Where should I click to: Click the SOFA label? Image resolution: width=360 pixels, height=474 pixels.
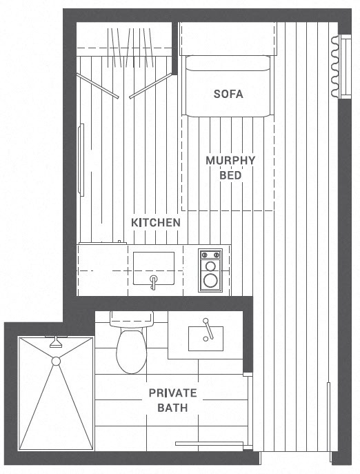pyautogui.click(x=228, y=94)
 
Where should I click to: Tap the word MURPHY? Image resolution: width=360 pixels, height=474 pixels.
pyautogui.click(x=230, y=160)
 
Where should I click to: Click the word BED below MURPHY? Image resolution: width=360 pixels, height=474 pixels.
pyautogui.click(x=230, y=175)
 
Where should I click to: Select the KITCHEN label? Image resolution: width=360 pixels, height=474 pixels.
pyautogui.click(x=156, y=223)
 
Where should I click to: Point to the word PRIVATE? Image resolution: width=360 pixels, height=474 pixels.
pyautogui.click(x=172, y=393)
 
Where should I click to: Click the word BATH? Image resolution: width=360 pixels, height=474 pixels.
pyautogui.click(x=172, y=408)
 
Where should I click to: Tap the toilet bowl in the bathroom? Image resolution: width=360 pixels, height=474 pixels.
pyautogui.click(x=132, y=351)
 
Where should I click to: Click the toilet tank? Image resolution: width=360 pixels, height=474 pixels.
pyautogui.click(x=132, y=319)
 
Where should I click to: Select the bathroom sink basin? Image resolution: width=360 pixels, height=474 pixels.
pyautogui.click(x=206, y=339)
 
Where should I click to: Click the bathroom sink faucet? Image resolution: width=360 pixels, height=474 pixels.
pyautogui.click(x=208, y=329)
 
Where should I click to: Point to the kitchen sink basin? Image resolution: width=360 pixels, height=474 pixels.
pyautogui.click(x=154, y=268)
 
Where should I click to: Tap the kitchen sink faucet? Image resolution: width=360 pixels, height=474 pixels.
pyautogui.click(x=154, y=282)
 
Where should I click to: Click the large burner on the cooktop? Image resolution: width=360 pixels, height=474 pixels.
pyautogui.click(x=210, y=281)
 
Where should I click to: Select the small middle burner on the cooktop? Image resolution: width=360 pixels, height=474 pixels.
pyautogui.click(x=210, y=266)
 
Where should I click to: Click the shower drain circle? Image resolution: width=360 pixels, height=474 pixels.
pyautogui.click(x=56, y=362)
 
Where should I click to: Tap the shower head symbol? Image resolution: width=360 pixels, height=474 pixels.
pyautogui.click(x=56, y=342)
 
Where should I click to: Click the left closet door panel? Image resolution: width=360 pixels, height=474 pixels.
pyautogui.click(x=97, y=86)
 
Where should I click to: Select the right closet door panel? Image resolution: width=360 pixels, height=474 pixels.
pyautogui.click(x=150, y=86)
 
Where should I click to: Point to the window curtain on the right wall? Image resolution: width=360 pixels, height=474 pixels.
pyautogui.click(x=334, y=66)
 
